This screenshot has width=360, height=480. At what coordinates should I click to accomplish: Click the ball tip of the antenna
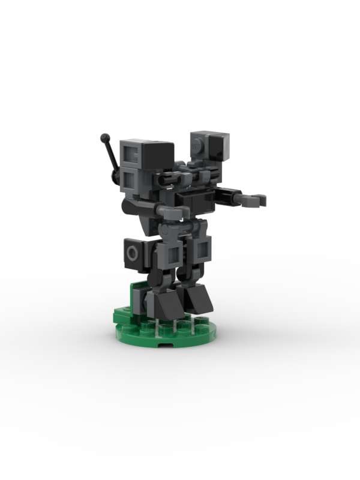(x=105, y=138)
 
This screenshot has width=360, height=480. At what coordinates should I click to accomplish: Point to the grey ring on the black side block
(x=132, y=255)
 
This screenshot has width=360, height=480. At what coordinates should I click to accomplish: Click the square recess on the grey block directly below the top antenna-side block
(x=130, y=178)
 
